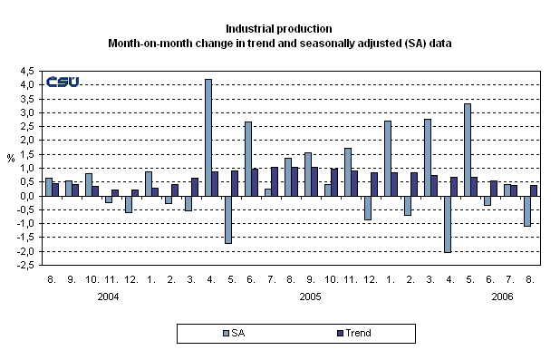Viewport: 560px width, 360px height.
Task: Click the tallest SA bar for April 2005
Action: pos(208,137)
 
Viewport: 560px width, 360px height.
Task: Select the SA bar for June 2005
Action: pos(247,159)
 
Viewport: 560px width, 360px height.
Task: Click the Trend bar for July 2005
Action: pos(275,181)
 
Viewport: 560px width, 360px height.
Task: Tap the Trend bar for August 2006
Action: pos(534,190)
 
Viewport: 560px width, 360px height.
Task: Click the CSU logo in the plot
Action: pos(63,82)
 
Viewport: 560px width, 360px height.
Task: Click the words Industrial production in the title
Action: pos(280,29)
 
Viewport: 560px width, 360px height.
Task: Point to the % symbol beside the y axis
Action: pos(11,158)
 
